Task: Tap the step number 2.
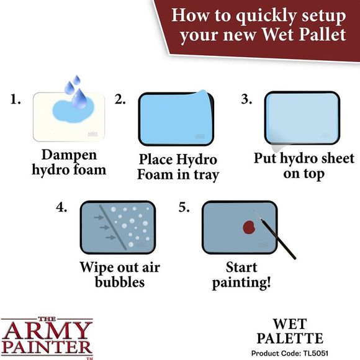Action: [120, 99]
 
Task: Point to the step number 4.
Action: [62, 207]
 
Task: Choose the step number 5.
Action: [184, 207]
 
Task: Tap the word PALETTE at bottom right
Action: [289, 339]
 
